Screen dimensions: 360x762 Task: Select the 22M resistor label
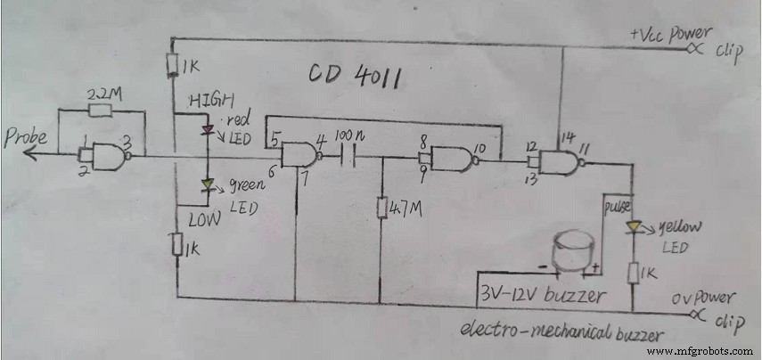click(x=100, y=93)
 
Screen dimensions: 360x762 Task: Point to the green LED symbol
click(x=208, y=186)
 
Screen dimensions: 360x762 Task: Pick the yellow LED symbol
click(x=632, y=227)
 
